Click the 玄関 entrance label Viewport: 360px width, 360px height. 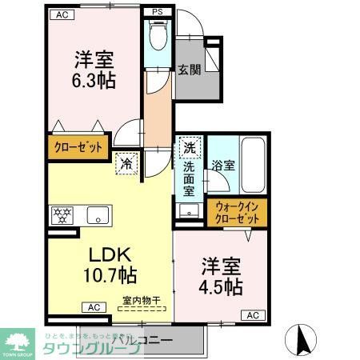coord(189,69)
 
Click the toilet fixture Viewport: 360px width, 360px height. coord(157,36)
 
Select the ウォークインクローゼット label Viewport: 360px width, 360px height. coord(236,212)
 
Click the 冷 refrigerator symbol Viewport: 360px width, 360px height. coord(127,162)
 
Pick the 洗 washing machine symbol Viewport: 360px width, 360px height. coord(190,147)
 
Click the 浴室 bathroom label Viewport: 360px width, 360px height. coord(223,166)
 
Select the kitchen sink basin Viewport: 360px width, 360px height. coord(99,214)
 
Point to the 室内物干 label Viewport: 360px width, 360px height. coord(142,302)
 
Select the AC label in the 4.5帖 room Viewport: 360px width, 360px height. coord(251,316)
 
